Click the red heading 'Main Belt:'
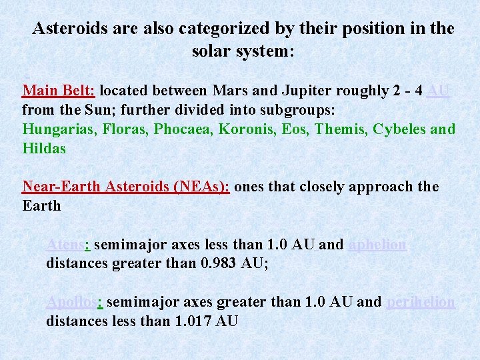click(59, 90)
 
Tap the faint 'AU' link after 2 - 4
click(438, 90)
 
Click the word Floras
click(125, 129)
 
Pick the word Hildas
click(44, 148)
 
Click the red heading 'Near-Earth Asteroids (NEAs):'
click(126, 187)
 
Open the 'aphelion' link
click(377, 245)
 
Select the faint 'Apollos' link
click(71, 302)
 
